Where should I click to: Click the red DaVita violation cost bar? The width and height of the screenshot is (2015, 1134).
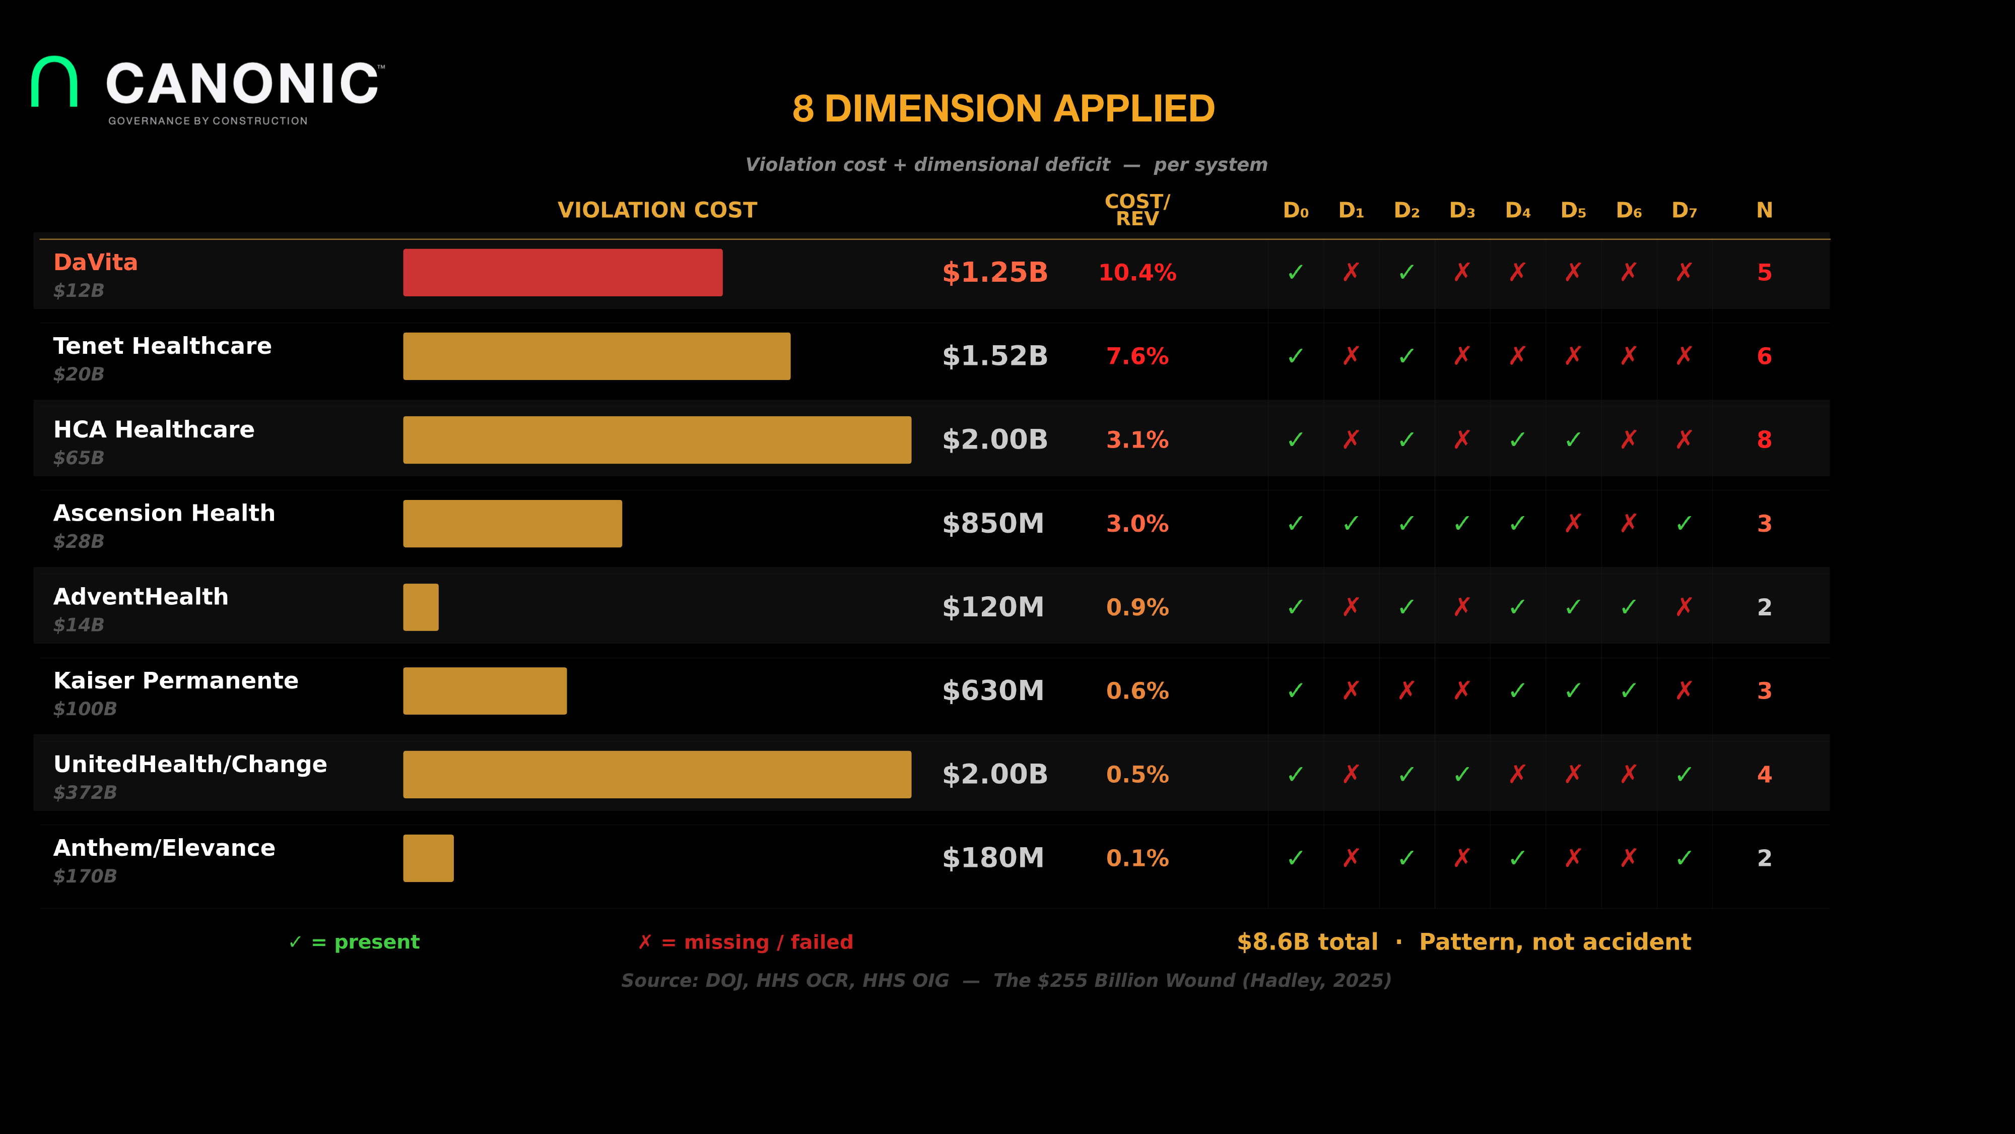[562, 272]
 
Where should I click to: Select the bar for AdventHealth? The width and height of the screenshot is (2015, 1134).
[421, 607]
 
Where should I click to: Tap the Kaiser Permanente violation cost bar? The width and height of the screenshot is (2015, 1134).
[485, 691]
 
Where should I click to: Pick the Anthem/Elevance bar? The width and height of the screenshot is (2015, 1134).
[428, 858]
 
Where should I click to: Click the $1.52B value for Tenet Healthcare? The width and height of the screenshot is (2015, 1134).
[994, 356]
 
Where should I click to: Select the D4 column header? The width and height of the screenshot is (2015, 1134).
[1517, 211]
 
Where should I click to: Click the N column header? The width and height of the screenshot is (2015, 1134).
[1764, 211]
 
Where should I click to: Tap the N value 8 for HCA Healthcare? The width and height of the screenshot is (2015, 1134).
[1764, 440]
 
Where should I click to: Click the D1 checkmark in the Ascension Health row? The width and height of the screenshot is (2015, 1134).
[1351, 524]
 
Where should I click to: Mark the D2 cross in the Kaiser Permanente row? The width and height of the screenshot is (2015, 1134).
[1406, 690]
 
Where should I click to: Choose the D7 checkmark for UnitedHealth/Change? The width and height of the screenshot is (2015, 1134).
[1684, 774]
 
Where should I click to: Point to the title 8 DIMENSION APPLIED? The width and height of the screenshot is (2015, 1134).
[1003, 109]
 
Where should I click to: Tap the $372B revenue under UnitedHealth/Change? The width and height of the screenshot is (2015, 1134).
[85, 793]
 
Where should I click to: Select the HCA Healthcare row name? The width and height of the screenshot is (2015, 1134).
[153, 429]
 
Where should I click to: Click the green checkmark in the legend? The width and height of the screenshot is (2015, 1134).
[295, 942]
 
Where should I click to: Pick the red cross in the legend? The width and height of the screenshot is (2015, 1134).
[645, 942]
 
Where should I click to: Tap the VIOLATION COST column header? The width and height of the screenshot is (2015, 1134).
[657, 211]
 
